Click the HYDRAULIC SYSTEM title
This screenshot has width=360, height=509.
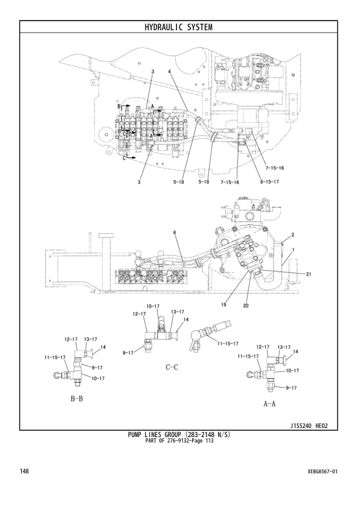(x=179, y=27)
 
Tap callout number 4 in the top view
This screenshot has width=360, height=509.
(x=170, y=72)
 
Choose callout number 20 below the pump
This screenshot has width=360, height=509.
(x=245, y=306)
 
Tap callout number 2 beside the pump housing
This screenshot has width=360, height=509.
(x=292, y=234)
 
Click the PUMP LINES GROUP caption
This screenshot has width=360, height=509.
(x=179, y=434)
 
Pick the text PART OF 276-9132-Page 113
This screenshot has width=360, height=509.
(x=179, y=440)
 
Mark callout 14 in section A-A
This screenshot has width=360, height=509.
(x=295, y=351)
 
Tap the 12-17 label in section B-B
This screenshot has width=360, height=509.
(x=71, y=339)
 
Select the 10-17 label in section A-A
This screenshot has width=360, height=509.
(x=292, y=370)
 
